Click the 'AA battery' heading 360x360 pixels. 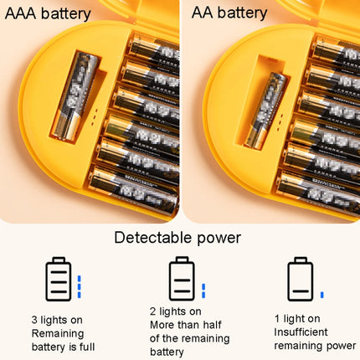click(229, 13)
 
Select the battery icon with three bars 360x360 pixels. click(58, 279)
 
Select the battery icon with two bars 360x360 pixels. click(180, 279)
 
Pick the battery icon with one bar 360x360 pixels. click(300, 279)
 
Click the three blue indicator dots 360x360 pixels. click(80, 286)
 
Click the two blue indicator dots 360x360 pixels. click(203, 291)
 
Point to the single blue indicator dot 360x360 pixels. click(322, 295)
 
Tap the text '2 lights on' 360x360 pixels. click(177, 312)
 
